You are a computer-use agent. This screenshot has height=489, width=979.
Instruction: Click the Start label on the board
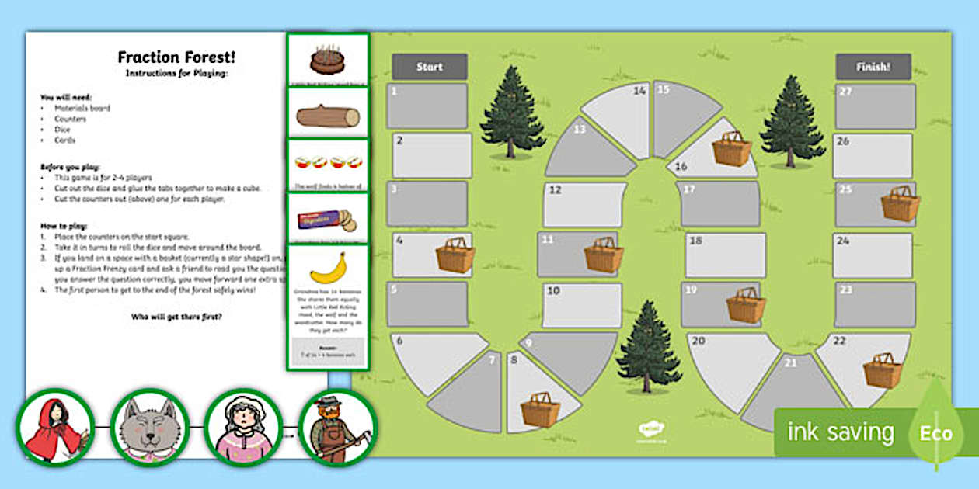pos(429,67)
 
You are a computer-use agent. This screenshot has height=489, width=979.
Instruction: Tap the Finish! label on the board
pos(873,67)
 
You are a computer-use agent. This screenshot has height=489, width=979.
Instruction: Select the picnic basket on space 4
pos(455,255)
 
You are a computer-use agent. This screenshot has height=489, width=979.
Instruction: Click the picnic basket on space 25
pos(901,203)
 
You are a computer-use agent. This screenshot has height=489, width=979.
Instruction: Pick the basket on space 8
pos(540,409)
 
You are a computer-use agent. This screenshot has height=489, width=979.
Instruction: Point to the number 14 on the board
pos(639,91)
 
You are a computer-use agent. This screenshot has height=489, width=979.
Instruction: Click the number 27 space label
pos(845,91)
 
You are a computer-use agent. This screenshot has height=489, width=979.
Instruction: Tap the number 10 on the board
pos(553,291)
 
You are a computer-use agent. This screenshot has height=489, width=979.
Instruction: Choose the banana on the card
pos(328,268)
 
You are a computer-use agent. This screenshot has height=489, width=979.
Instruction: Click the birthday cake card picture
pos(327,58)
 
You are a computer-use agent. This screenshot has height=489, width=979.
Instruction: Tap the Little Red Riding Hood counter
pos(54,429)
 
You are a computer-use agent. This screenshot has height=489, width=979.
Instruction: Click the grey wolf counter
pos(150,429)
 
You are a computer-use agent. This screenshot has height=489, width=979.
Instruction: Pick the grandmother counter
pos(243,429)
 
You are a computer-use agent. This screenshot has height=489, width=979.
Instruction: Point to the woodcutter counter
pos(336,429)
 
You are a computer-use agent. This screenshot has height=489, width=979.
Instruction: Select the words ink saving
pos(841,432)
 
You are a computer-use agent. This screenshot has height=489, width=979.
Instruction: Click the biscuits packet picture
pos(326,220)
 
